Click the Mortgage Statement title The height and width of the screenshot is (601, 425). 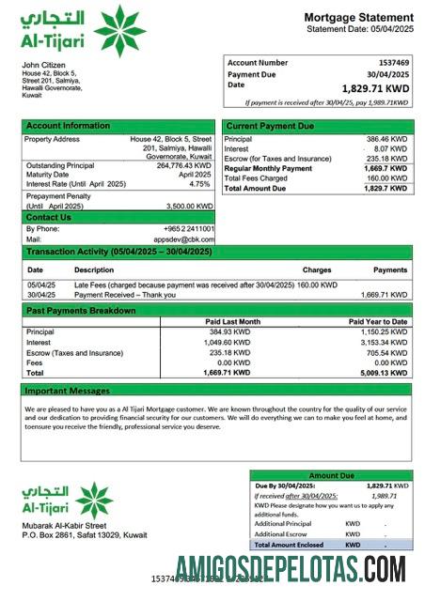tap(358, 18)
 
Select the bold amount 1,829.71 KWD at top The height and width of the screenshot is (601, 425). tap(377, 88)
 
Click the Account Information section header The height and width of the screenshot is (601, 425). tap(68, 126)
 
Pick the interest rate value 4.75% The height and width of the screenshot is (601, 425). tap(200, 184)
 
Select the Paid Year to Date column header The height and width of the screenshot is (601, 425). tap(377, 322)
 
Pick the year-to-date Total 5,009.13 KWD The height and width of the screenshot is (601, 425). tap(385, 373)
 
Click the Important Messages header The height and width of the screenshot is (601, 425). tap(67, 390)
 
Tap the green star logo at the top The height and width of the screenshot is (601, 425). tap(119, 30)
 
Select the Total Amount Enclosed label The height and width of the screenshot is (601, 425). tap(289, 545)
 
